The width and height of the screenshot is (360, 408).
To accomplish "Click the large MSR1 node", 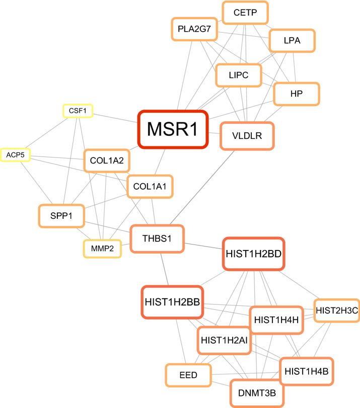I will click(x=173, y=130).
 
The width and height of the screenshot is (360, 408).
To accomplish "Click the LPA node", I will click(x=292, y=41).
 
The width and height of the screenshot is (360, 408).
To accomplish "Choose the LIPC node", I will click(x=239, y=76).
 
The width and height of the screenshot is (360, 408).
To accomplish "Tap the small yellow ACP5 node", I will click(x=15, y=155).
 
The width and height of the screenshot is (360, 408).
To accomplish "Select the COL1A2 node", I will click(x=107, y=161).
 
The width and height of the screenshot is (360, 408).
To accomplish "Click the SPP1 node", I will click(x=60, y=215).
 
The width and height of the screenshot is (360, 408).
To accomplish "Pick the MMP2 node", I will click(x=102, y=248).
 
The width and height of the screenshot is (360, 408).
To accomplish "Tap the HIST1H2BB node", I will click(x=172, y=302).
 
